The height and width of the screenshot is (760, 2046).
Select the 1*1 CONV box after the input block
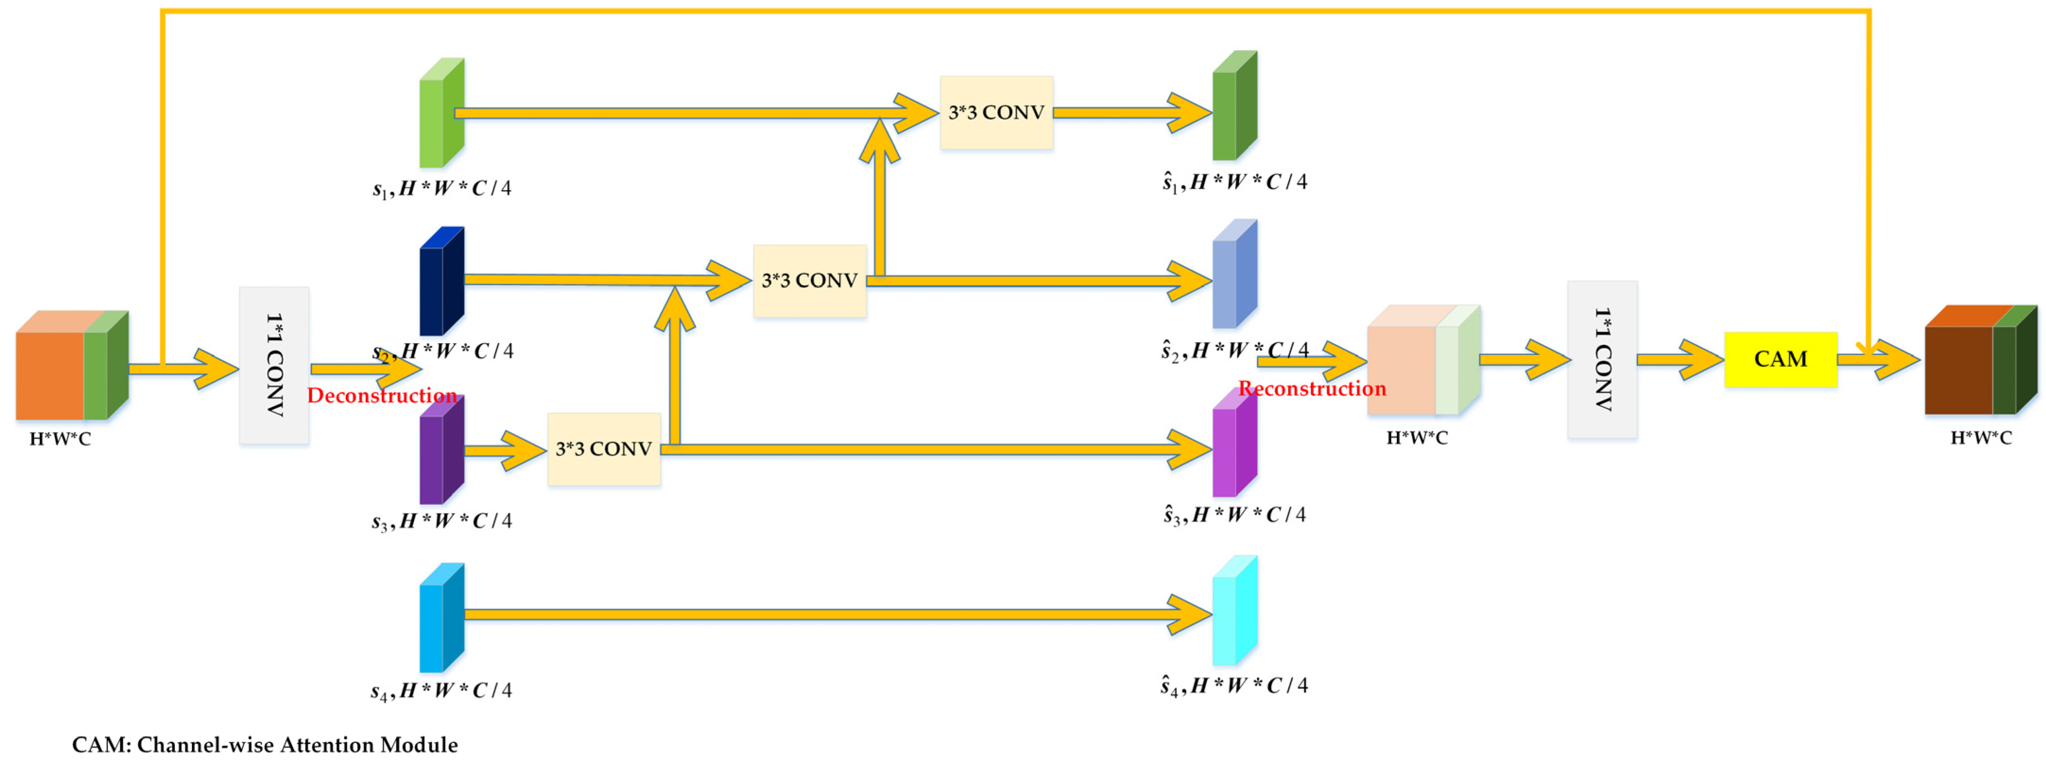click(274, 365)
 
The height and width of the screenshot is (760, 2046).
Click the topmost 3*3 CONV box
click(996, 113)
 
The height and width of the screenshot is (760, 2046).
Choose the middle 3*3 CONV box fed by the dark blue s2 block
click(809, 281)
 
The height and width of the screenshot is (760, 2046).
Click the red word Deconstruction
click(381, 396)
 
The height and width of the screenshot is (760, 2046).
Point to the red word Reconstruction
click(1312, 389)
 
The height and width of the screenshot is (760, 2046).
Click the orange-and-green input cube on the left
click(71, 366)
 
